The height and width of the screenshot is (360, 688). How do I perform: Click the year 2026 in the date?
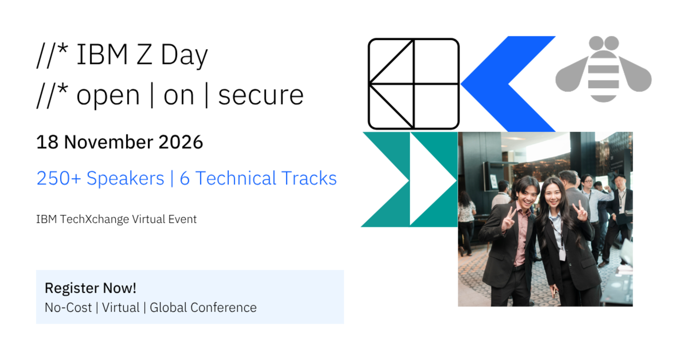tap(180, 142)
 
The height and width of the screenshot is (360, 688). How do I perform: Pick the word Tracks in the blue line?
tap(309, 178)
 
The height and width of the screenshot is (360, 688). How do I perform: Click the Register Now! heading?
tap(90, 288)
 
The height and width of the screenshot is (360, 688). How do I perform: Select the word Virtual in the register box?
tap(121, 308)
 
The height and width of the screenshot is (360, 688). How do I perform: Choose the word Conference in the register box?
tap(223, 308)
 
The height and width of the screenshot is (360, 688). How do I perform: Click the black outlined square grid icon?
tap(414, 84)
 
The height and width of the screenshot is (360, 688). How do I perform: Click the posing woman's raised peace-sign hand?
tap(580, 212)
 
